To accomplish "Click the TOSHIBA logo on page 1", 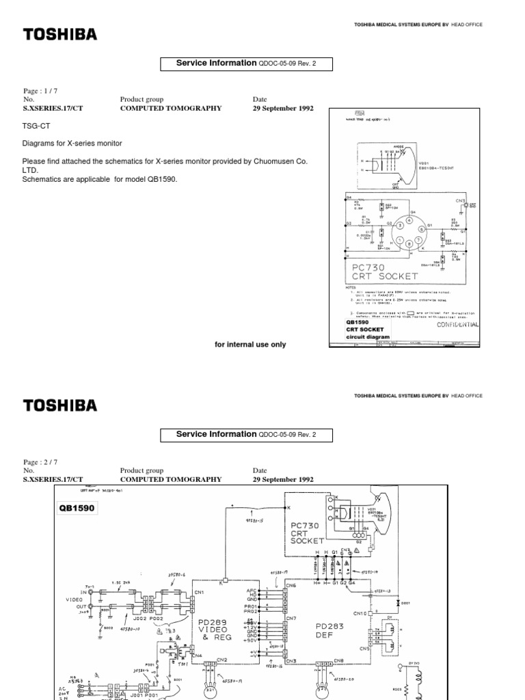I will (x=61, y=34).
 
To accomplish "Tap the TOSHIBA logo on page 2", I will (x=61, y=405).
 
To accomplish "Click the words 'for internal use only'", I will (x=250, y=345).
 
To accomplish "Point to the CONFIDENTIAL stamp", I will (x=457, y=325).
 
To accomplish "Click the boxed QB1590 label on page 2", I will (x=78, y=509).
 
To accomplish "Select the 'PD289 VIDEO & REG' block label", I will (x=215, y=630).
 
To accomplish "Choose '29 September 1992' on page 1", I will (x=283, y=108).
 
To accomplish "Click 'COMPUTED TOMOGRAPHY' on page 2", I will (x=171, y=480).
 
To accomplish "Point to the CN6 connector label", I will (x=291, y=586).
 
